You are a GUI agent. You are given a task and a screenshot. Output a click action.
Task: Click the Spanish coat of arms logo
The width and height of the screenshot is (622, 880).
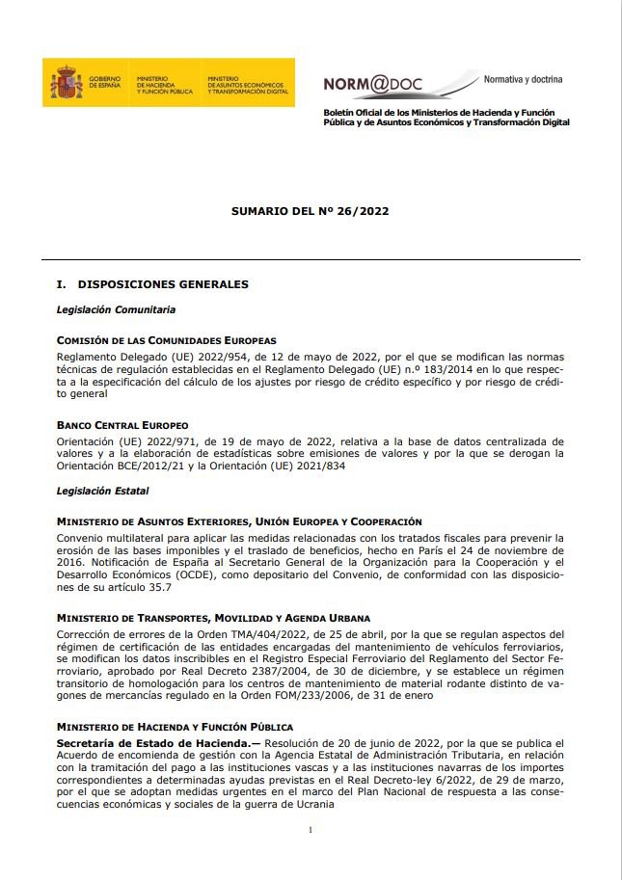coord(67,83)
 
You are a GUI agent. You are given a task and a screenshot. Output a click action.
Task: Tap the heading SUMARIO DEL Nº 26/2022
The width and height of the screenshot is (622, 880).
coord(311,210)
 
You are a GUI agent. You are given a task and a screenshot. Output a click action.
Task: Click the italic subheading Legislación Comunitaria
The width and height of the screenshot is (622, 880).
coord(116,309)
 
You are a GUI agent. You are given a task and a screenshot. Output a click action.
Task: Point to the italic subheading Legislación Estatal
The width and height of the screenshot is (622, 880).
coord(102,491)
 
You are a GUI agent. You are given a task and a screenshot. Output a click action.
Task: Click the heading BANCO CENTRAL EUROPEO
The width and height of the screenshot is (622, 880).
coord(122,425)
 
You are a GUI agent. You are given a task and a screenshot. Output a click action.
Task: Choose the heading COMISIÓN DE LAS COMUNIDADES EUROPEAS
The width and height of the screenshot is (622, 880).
coord(167,340)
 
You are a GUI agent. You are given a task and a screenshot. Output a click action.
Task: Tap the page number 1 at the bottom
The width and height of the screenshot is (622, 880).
coord(311,830)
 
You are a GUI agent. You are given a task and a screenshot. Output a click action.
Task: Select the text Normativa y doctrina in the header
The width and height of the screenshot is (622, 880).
coord(523,79)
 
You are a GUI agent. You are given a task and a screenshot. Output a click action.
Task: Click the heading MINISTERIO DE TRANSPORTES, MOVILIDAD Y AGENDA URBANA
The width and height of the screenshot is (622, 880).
coord(213,618)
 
